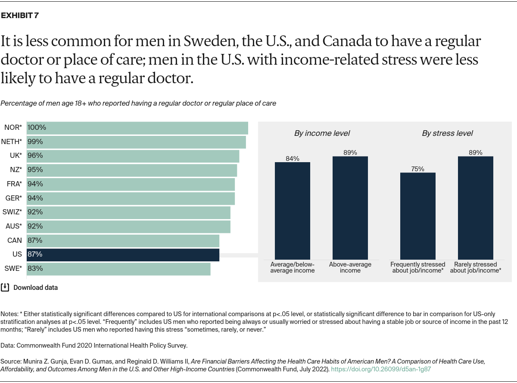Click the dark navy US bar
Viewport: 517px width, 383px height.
(123, 254)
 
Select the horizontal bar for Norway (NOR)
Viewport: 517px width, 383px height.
(137, 128)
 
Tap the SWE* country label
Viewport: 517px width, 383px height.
(13, 269)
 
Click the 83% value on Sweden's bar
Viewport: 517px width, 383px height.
(35, 269)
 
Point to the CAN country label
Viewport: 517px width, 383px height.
(14, 240)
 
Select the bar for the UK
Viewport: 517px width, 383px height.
(133, 156)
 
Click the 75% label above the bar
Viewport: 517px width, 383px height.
(417, 169)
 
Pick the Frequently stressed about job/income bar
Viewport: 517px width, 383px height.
(417, 216)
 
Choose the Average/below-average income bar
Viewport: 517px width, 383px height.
(293, 210)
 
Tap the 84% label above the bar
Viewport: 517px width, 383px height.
(293, 158)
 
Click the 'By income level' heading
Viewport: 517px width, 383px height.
(322, 133)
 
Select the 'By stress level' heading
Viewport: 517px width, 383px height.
(447, 133)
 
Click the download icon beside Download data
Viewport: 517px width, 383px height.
(5, 287)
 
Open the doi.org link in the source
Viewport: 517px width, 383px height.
(381, 369)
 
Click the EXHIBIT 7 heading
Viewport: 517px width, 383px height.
(20, 16)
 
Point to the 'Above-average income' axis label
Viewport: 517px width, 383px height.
(350, 267)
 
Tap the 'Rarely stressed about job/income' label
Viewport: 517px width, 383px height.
(476, 267)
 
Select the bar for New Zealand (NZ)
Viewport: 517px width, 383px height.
(132, 170)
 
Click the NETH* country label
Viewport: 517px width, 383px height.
(12, 141)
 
